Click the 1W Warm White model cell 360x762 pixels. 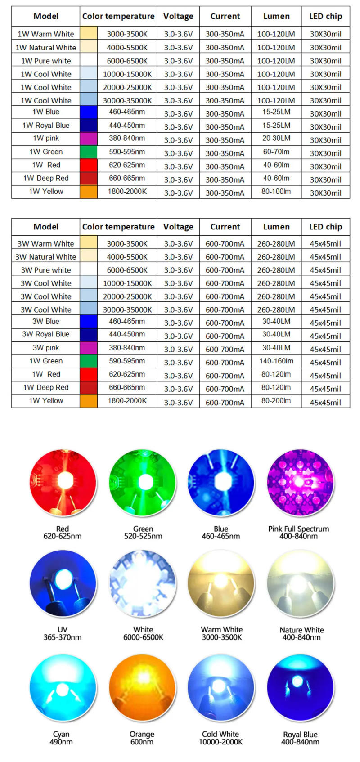point(45,34)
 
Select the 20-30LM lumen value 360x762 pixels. point(276,139)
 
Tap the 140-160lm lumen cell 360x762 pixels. point(277,361)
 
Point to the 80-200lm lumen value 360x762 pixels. point(276,400)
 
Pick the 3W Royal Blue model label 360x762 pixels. point(45,334)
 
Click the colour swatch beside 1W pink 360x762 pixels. point(89,139)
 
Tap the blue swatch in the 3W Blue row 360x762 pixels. point(89,321)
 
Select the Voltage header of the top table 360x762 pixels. point(178,16)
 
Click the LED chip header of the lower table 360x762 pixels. point(325,227)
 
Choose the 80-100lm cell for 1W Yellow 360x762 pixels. point(276,191)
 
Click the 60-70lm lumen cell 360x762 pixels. point(276,152)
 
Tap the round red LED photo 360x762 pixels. point(63,482)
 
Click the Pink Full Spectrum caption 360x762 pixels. point(298,529)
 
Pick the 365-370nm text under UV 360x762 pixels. point(63,637)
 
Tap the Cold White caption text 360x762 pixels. point(220,734)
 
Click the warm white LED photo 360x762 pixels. point(221,583)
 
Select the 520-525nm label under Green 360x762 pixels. point(143,536)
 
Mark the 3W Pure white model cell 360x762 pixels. point(45,270)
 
